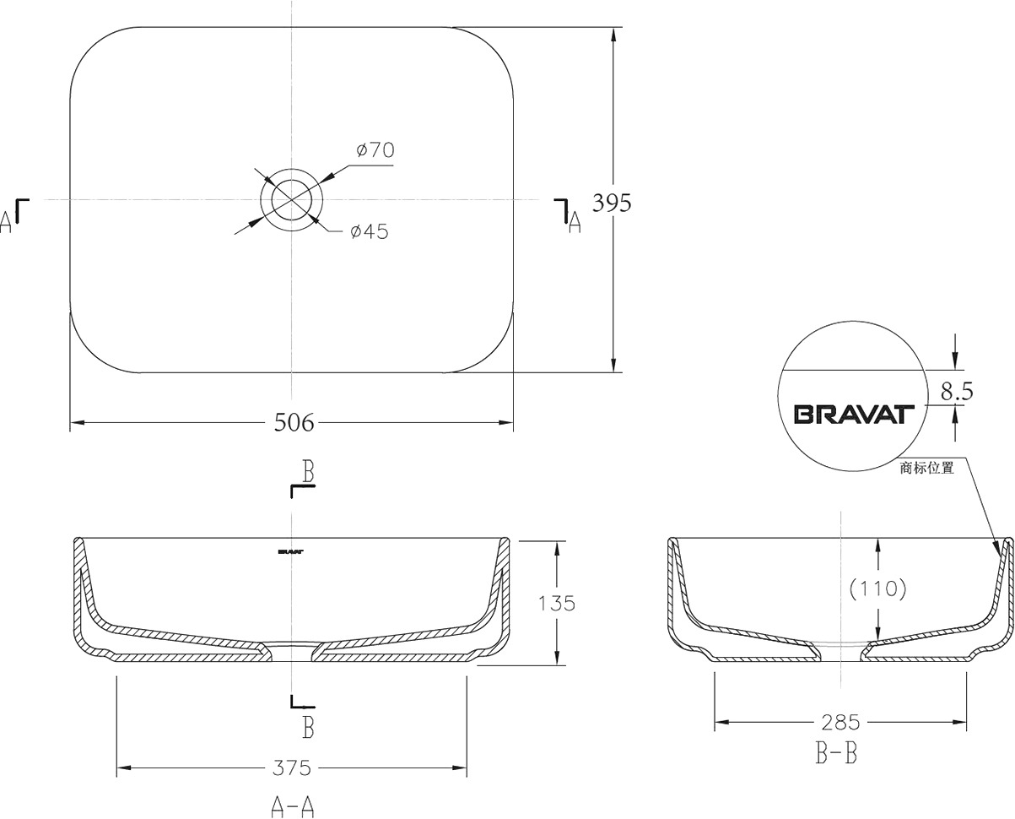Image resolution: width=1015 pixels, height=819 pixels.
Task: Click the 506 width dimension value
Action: (x=294, y=422)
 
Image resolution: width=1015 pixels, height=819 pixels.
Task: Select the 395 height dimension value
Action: (x=612, y=203)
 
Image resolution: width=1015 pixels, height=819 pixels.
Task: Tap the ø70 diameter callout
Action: (x=375, y=150)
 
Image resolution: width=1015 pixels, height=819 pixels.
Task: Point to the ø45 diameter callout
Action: (x=370, y=231)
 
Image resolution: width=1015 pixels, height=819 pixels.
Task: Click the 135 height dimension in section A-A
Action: (x=557, y=604)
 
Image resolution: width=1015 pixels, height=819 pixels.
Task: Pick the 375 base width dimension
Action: (x=292, y=768)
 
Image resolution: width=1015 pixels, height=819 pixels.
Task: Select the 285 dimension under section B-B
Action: (x=841, y=722)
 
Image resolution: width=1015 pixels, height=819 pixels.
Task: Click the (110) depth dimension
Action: (x=877, y=588)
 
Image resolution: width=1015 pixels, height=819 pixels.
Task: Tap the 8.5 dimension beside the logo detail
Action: (x=957, y=391)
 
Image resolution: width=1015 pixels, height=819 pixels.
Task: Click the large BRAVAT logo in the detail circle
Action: (x=854, y=415)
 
